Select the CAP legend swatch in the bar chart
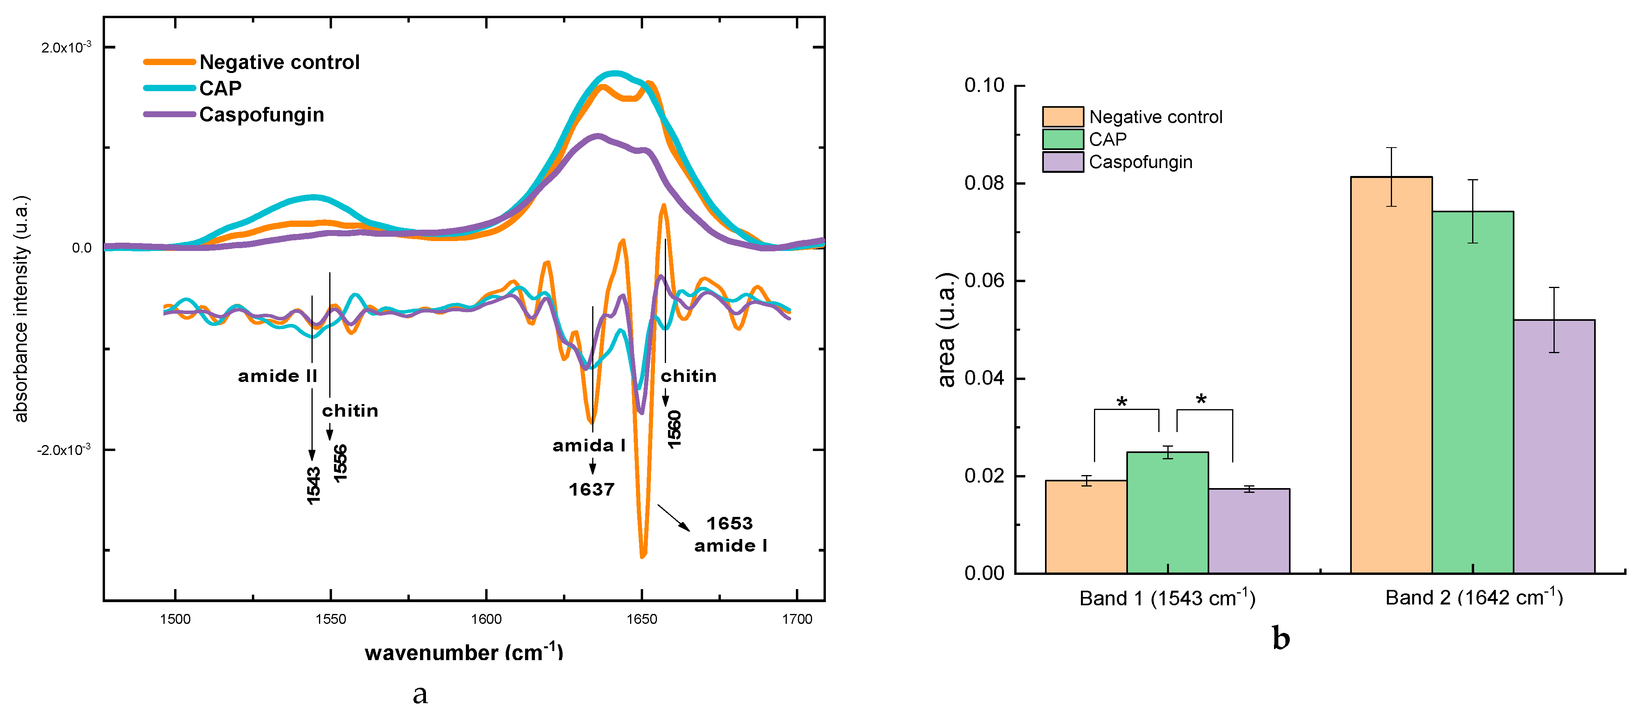tap(1062, 139)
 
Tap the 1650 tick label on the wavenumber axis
tap(642, 619)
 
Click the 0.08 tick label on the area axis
tap(984, 183)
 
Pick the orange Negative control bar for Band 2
tap(1391, 374)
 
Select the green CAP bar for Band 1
tap(1167, 513)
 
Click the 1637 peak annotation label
tap(591, 490)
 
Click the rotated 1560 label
tap(674, 429)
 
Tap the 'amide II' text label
tap(278, 376)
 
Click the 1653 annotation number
tap(730, 524)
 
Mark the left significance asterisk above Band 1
tap(1122, 402)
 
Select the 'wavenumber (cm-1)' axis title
tap(463, 652)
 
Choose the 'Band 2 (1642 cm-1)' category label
tap(1473, 597)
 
